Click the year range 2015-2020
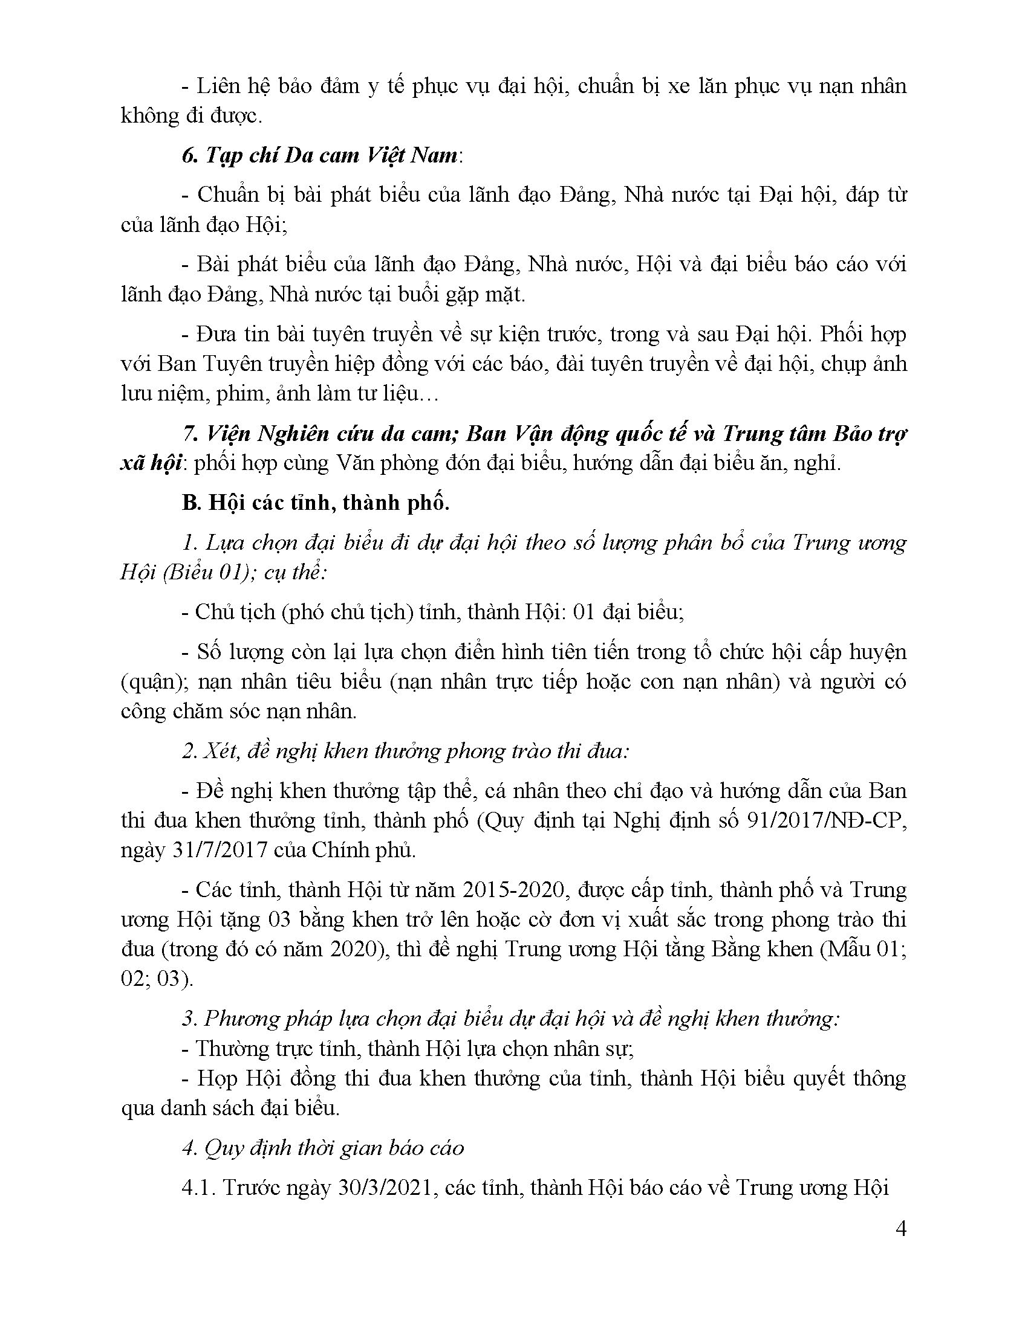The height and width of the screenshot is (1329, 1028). click(x=512, y=890)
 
